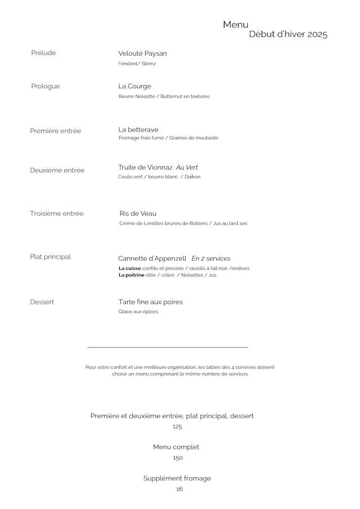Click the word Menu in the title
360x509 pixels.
235,25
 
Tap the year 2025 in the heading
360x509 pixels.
317,35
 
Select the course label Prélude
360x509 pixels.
44,53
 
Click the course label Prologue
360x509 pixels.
46,86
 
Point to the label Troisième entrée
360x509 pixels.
57,214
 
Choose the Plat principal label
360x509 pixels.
51,257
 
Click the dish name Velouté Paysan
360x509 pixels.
142,53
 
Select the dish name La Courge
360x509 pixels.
135,86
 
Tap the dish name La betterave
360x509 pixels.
138,130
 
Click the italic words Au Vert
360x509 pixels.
187,168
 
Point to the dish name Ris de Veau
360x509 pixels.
138,214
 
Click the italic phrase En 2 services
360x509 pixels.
211,259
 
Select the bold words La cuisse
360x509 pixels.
129,268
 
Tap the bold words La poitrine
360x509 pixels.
132,275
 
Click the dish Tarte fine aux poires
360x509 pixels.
151,302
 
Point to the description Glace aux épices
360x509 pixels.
138,312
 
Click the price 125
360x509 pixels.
178,427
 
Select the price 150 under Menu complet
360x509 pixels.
178,458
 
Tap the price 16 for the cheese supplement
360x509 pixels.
179,489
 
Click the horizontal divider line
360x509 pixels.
168,348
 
